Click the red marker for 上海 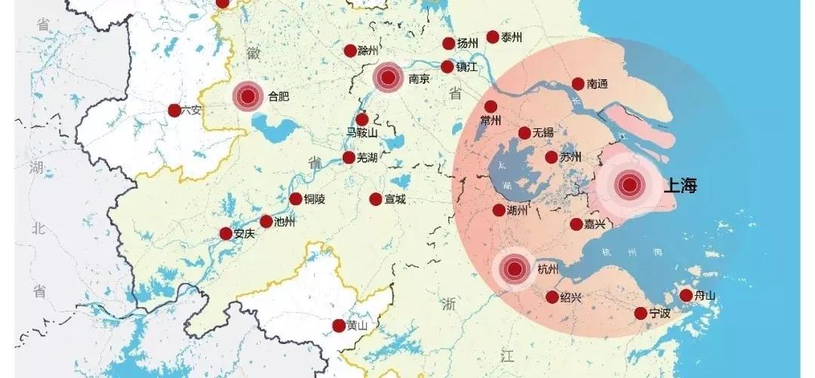point(629,185)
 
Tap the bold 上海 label point(681,186)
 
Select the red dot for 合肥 point(247,97)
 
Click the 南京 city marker point(389,77)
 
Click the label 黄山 point(357,326)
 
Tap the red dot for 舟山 point(686,296)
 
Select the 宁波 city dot point(641,313)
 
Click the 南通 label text point(597,85)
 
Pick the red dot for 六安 point(174,111)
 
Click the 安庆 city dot point(226,234)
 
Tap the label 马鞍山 point(361,134)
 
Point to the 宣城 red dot point(376,199)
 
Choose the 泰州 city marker point(493,37)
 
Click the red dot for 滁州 point(350,51)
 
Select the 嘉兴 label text point(592,225)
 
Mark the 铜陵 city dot point(296,199)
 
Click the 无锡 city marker point(524,134)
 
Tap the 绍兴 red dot point(552,297)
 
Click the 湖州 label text point(518,211)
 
